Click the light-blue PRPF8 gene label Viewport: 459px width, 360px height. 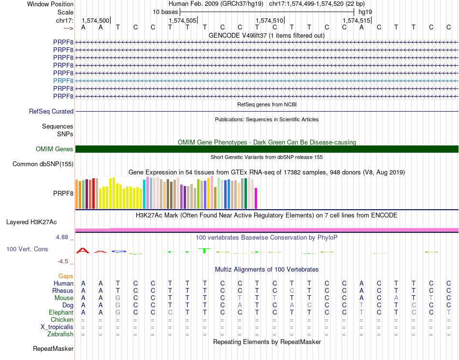pos(63,81)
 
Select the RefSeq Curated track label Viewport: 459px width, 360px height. pos(51,111)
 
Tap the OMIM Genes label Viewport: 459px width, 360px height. pos(55,149)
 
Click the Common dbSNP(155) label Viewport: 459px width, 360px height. pos(43,164)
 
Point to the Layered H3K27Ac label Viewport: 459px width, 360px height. pos(31,222)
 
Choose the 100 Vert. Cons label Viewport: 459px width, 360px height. pos(27,249)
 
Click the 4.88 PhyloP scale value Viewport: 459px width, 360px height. pos(63,237)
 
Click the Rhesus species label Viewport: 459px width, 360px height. pos(63,291)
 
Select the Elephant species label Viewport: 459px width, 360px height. pos(61,313)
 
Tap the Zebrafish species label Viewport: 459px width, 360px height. pos(60,334)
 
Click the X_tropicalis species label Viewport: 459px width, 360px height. pos(57,327)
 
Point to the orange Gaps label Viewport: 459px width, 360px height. pos(66,276)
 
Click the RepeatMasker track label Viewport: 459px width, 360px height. pos(53,348)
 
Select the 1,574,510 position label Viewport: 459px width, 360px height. pos(269,20)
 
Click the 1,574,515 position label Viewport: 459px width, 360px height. pos(356,20)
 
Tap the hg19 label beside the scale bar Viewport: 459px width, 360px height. pos(365,11)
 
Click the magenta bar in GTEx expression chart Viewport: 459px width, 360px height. pos(256,198)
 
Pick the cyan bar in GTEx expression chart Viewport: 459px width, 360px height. pos(144,194)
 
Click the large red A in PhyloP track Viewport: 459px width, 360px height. pos(83,250)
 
